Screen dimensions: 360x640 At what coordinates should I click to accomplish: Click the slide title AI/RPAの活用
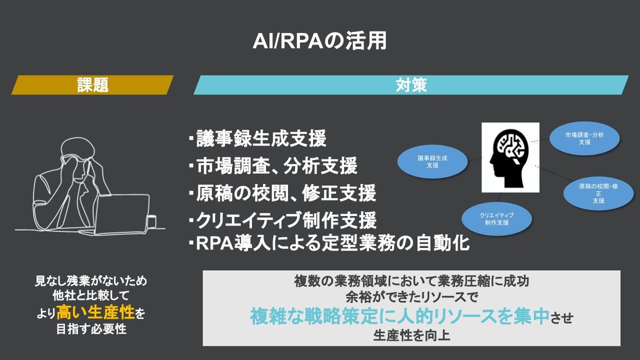(x=319, y=41)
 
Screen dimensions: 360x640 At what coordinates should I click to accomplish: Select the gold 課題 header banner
(x=92, y=85)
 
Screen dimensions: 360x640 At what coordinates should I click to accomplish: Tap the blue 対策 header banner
(x=411, y=85)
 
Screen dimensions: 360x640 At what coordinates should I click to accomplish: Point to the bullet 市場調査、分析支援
(x=273, y=166)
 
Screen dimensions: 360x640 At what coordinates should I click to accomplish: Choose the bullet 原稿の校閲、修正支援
(x=282, y=193)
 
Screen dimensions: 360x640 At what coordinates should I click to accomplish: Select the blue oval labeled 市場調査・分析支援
(x=585, y=139)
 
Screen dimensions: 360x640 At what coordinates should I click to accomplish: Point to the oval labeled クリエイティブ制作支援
(x=497, y=218)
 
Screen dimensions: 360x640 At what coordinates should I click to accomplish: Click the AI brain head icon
(x=510, y=157)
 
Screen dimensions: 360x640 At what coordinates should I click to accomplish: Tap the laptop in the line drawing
(x=123, y=213)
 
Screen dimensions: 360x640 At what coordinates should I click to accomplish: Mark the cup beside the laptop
(x=151, y=221)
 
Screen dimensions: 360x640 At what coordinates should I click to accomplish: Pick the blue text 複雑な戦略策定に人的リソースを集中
(x=400, y=317)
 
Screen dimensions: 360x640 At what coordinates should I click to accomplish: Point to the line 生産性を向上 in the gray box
(x=411, y=337)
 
